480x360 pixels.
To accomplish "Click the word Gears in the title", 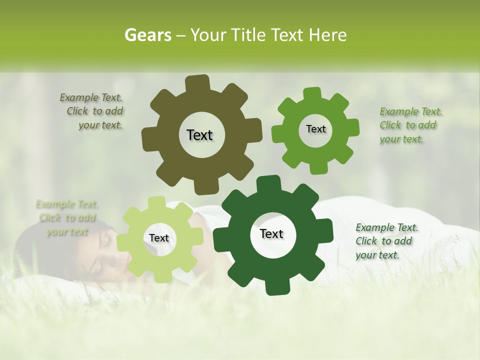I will [x=147, y=35].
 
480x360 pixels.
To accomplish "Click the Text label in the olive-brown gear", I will [x=199, y=135].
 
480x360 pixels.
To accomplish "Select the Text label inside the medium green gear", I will [x=315, y=129].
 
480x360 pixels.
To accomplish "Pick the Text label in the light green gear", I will [x=159, y=238].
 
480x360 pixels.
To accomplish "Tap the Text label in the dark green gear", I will [x=271, y=233].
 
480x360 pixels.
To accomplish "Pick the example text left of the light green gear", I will [x=67, y=217].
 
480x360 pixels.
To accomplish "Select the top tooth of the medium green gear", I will [x=312, y=94].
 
